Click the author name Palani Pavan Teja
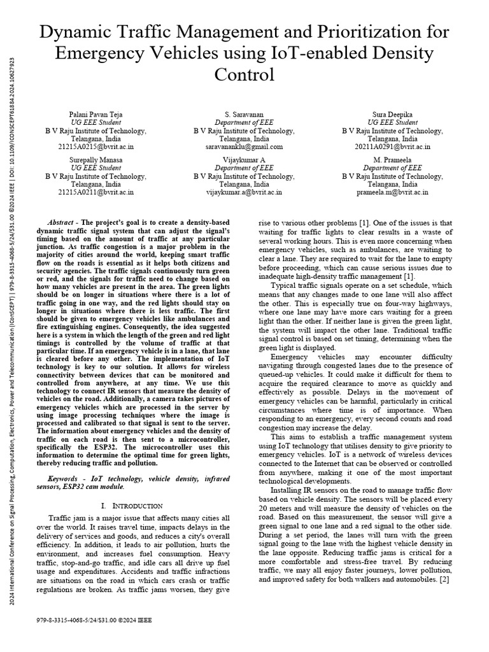click(96, 114)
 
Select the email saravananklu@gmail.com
click(244, 146)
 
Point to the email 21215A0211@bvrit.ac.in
click(96, 192)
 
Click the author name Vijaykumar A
click(244, 159)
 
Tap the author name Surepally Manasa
click(96, 159)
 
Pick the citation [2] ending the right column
click(444, 581)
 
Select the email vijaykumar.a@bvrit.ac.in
click(244, 192)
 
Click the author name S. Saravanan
click(244, 114)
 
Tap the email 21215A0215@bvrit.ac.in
click(96, 146)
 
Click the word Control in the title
click(244, 74)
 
